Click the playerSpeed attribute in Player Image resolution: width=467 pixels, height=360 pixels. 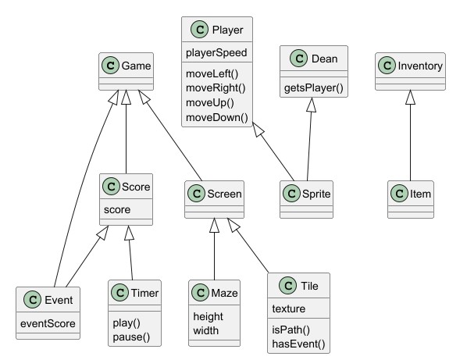tap(216, 54)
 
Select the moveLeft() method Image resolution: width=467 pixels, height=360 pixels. tap(211, 74)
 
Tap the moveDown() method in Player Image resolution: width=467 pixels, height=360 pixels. tap(216, 117)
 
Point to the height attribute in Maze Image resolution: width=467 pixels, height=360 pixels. tap(209, 315)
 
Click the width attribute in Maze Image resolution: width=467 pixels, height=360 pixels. tap(206, 330)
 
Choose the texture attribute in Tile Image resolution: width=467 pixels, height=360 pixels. tap(290, 308)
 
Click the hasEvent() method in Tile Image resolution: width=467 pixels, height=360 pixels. tap(297, 343)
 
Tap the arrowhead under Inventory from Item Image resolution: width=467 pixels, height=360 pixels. tap(410, 98)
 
